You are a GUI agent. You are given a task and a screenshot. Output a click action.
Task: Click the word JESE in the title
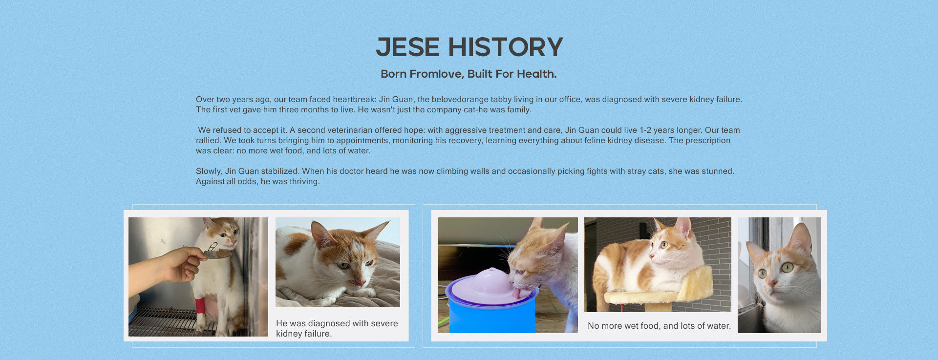click(408, 47)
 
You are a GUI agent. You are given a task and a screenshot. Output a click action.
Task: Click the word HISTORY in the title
click(506, 47)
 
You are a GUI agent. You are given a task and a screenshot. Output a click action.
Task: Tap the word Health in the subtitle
click(536, 74)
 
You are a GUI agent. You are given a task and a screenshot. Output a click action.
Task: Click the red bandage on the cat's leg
click(201, 306)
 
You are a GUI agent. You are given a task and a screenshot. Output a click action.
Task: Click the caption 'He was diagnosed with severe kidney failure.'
click(337, 328)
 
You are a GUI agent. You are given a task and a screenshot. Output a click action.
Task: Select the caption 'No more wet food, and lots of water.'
click(659, 326)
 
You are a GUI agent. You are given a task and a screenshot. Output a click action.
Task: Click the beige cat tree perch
click(660, 291)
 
